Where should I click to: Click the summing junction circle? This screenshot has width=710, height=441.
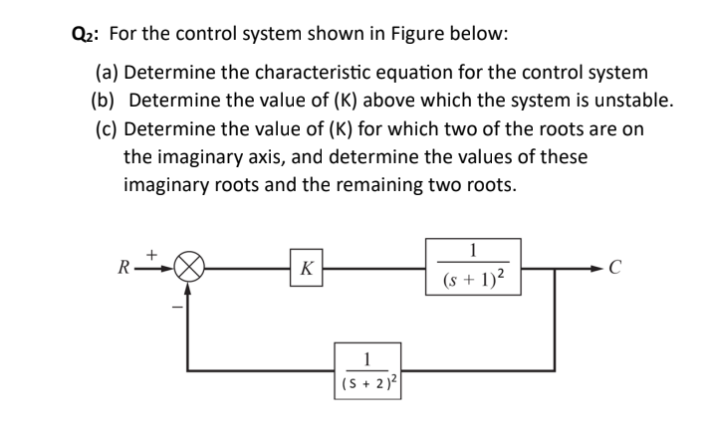point(188,268)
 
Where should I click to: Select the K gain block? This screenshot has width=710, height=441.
point(306,268)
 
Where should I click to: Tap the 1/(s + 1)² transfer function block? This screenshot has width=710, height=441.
point(473,266)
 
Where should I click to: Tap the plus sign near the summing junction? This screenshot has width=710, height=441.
point(154,254)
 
